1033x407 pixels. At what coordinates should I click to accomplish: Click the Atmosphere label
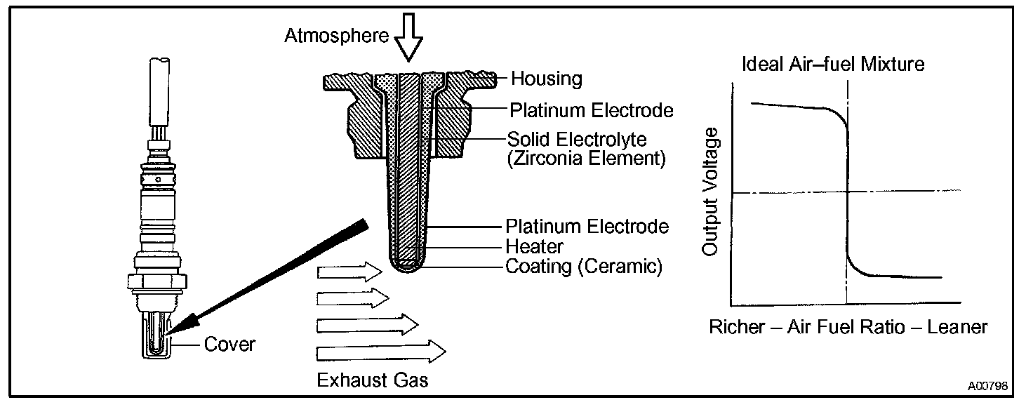click(336, 36)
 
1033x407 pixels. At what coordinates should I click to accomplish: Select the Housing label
click(546, 79)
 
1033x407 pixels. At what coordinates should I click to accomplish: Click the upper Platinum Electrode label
click(592, 110)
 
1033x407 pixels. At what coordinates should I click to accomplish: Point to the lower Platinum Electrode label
click(587, 227)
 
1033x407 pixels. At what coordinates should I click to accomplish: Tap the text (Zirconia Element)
click(585, 159)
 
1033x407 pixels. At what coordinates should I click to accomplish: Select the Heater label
click(534, 247)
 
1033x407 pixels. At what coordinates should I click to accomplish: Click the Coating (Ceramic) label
click(583, 267)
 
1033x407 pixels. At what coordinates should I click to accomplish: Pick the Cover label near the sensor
click(230, 345)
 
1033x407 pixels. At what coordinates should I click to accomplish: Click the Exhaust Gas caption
click(373, 380)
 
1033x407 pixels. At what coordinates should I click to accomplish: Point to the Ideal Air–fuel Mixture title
click(834, 65)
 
